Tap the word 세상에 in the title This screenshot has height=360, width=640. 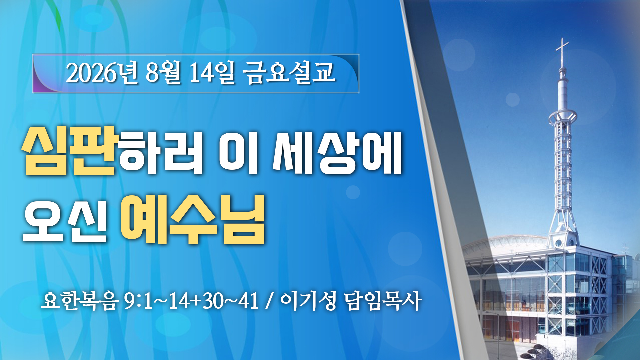[x=338, y=153]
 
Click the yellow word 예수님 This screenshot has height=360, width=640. [x=193, y=220]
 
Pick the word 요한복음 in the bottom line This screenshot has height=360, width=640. [x=80, y=301]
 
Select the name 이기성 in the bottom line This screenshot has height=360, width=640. [x=308, y=301]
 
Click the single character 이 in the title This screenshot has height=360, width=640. [x=239, y=153]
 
